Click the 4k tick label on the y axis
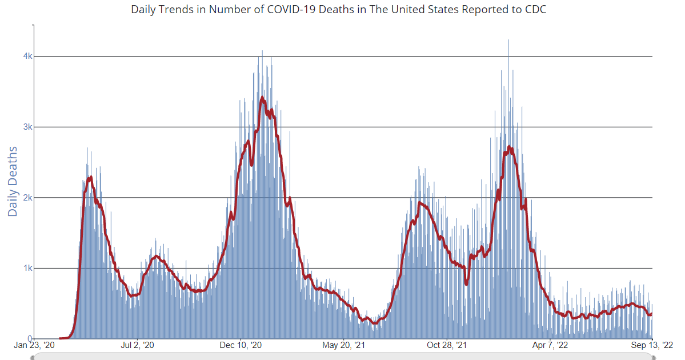click(27, 56)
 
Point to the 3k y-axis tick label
click(27, 127)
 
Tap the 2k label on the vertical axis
click(27, 198)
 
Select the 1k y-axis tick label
click(27, 268)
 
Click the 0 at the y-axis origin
click(30, 338)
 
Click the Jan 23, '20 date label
click(34, 345)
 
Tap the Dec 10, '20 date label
click(241, 345)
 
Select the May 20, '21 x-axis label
click(344, 345)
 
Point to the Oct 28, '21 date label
click(447, 345)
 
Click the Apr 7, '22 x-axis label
click(551, 345)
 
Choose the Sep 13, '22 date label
click(651, 345)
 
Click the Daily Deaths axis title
click(13, 181)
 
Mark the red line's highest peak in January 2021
click(262, 98)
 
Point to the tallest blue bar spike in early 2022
click(508, 40)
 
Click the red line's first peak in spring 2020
click(91, 177)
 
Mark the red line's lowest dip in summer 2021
click(375, 323)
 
